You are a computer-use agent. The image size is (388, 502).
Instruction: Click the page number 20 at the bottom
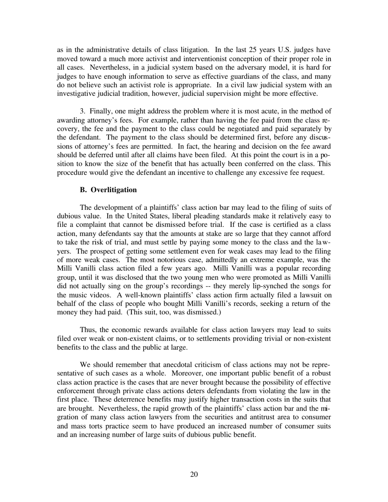tap(194, 474)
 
